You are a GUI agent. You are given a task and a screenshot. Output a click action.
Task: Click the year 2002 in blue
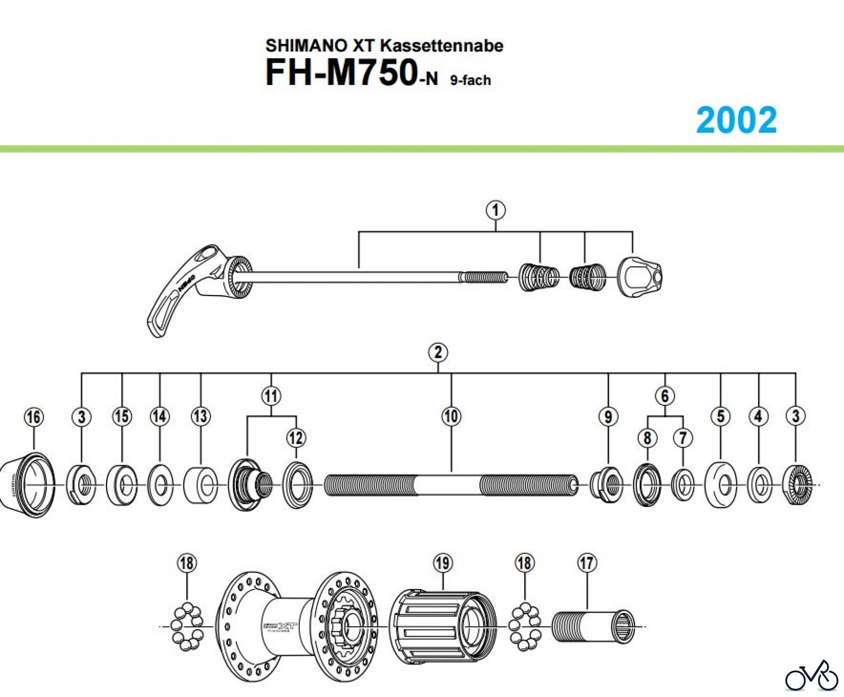[x=736, y=120]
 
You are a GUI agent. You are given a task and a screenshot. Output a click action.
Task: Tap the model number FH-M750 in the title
[x=341, y=73]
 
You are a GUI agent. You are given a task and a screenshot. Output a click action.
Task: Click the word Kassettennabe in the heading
[x=441, y=45]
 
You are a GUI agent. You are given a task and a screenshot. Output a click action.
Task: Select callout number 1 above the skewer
[x=496, y=210]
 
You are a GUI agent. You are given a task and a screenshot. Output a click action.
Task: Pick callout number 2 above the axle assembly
[x=438, y=352]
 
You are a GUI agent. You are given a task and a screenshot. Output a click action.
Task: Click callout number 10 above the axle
[x=451, y=416]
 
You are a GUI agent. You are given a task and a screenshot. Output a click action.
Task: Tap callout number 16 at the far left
[x=34, y=417]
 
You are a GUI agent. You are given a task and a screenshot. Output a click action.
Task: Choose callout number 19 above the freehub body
[x=443, y=563]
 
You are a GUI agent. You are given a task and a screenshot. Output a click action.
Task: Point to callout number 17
[x=587, y=563]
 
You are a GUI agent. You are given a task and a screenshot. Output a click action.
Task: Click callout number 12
[x=296, y=438]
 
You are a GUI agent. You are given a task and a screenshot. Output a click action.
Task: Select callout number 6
[x=665, y=396]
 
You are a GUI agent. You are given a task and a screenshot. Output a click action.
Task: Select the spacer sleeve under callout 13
[x=201, y=485]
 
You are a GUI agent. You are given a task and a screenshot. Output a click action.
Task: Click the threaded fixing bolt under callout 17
[x=593, y=626]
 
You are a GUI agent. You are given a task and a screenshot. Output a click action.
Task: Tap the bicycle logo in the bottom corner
[x=812, y=677]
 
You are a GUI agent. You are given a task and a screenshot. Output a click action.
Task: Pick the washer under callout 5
[x=720, y=485]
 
